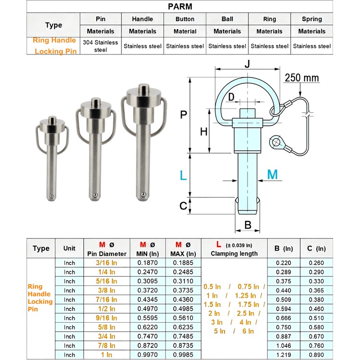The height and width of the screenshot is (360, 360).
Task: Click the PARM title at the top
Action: click(x=180, y=7)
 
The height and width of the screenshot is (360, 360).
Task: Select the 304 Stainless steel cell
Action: click(x=100, y=46)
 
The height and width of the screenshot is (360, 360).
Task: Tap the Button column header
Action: click(x=185, y=19)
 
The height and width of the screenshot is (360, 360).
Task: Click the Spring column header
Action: click(x=312, y=19)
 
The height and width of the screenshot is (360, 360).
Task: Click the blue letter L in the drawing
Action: click(x=183, y=175)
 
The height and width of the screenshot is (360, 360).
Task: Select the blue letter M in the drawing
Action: click(x=273, y=175)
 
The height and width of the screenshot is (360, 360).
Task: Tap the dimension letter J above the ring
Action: click(x=247, y=64)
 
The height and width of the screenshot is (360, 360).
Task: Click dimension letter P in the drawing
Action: click(x=183, y=115)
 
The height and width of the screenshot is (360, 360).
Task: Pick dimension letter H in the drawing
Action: click(x=203, y=132)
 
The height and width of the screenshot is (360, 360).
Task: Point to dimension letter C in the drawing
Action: click(x=183, y=206)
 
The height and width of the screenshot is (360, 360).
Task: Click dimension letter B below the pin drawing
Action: click(x=247, y=224)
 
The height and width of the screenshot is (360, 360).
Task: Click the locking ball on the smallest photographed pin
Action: click(x=53, y=196)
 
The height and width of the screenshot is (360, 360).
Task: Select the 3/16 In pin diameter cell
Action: click(x=107, y=263)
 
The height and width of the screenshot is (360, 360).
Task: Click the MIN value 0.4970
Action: click(x=148, y=309)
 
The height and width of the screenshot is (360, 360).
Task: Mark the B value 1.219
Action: click(x=283, y=355)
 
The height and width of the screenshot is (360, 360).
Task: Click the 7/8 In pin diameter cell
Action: click(x=107, y=346)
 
